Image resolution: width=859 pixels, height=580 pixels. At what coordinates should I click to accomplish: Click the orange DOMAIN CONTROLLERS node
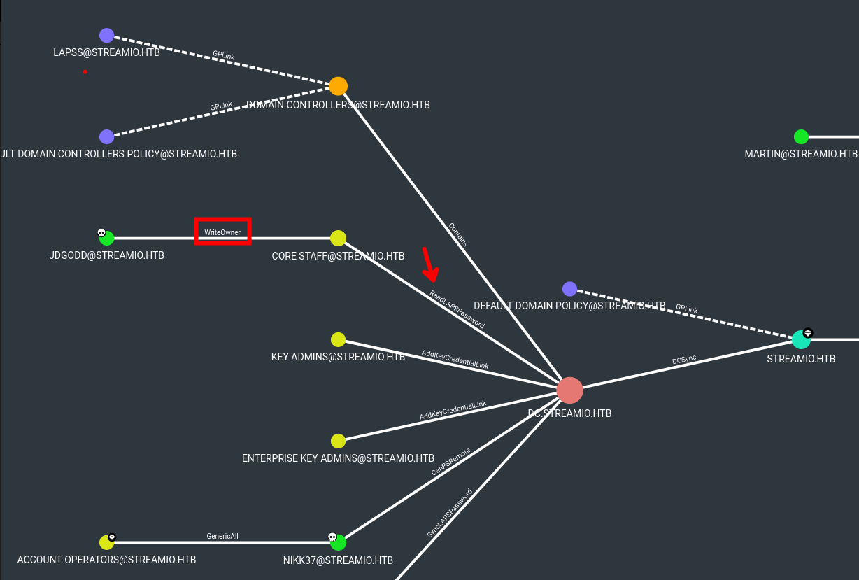pyautogui.click(x=338, y=86)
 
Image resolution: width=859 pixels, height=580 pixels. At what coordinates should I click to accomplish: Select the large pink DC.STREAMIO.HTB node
pyautogui.click(x=569, y=390)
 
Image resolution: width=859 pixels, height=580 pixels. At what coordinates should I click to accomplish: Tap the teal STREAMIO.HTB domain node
pyautogui.click(x=801, y=340)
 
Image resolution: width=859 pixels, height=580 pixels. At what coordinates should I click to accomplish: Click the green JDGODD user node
pyautogui.click(x=107, y=239)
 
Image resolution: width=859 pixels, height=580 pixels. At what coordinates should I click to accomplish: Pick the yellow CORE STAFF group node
pyautogui.click(x=338, y=238)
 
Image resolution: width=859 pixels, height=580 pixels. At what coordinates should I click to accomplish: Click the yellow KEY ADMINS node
pyautogui.click(x=338, y=340)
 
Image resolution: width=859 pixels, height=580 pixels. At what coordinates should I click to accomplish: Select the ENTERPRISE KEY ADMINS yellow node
pyautogui.click(x=338, y=441)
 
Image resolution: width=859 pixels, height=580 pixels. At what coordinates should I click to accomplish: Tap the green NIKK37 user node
pyautogui.click(x=339, y=542)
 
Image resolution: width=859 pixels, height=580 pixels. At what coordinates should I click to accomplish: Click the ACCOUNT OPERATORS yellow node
pyautogui.click(x=106, y=542)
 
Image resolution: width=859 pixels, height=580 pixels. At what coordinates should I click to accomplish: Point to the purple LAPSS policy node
pyautogui.click(x=106, y=36)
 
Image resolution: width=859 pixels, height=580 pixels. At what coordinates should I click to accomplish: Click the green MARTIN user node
pyautogui.click(x=801, y=137)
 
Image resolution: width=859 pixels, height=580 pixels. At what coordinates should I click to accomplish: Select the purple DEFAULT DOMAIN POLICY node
pyautogui.click(x=569, y=289)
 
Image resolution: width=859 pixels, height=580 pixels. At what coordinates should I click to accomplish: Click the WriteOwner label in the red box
pyautogui.click(x=222, y=232)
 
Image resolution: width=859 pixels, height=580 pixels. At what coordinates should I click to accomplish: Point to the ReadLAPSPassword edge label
pyautogui.click(x=457, y=309)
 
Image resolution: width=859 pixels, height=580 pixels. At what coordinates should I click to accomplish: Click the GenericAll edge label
pyautogui.click(x=222, y=536)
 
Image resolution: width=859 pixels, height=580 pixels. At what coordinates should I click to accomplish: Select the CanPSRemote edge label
pyautogui.click(x=450, y=462)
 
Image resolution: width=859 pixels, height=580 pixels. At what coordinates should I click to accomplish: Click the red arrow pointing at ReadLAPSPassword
pyautogui.click(x=429, y=264)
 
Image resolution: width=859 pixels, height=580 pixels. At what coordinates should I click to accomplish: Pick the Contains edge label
pyautogui.click(x=458, y=234)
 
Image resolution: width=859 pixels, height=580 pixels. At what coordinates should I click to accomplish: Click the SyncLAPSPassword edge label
pyautogui.click(x=449, y=513)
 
